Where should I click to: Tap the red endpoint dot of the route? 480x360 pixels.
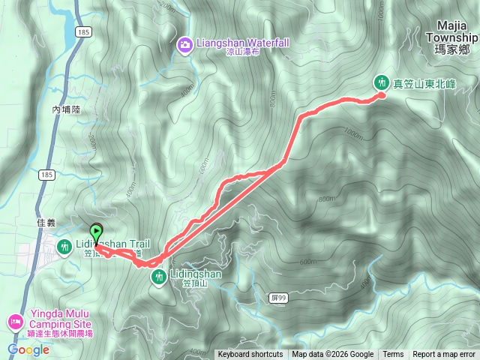pyautogui.click(x=381, y=95)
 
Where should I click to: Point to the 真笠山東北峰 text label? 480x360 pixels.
pyautogui.click(x=425, y=82)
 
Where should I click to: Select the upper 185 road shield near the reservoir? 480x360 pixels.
pyautogui.click(x=84, y=32)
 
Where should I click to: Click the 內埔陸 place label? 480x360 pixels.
pyautogui.click(x=65, y=109)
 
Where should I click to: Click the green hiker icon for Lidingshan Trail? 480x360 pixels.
pyautogui.click(x=64, y=245)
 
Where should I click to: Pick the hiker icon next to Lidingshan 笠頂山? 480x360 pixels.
pyautogui.click(x=158, y=278)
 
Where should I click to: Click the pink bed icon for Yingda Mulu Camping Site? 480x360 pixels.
pyautogui.click(x=14, y=322)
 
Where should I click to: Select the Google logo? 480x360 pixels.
pyautogui.click(x=28, y=349)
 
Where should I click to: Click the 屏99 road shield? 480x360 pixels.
pyautogui.click(x=276, y=298)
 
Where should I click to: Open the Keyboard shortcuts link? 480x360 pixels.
pyautogui.click(x=250, y=355)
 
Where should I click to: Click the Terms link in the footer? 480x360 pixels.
pyautogui.click(x=393, y=355)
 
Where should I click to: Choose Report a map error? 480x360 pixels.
pyautogui.click(x=444, y=355)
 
